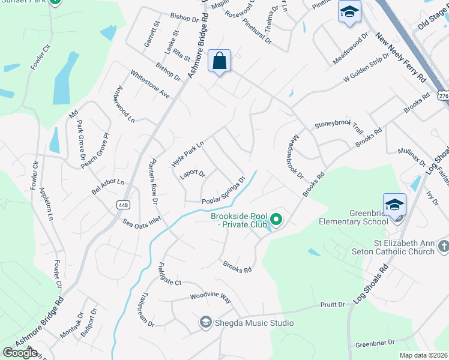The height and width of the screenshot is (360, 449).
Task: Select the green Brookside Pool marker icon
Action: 276,220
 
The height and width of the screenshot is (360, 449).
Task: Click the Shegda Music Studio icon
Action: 205,323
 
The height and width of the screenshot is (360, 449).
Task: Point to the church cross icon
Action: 443,247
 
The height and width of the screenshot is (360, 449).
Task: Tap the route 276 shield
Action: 443,96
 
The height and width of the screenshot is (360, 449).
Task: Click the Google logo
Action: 20,352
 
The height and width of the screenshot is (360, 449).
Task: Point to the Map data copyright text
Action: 424,355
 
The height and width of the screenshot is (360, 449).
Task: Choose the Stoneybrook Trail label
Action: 339,127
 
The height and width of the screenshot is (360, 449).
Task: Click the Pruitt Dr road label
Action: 333,305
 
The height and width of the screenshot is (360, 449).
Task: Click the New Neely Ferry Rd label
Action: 400,58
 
